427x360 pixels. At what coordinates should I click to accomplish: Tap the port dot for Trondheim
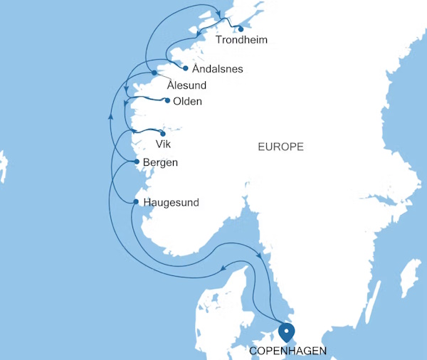point(241,29)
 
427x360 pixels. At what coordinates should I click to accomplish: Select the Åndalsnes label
point(218,70)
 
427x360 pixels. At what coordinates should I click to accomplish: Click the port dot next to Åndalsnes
point(186,69)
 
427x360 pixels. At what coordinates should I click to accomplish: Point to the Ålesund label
point(186,85)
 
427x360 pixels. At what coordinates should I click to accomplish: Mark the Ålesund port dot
point(154,73)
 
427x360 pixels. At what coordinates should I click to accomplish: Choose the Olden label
point(189,102)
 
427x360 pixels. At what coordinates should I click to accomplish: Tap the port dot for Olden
point(167,100)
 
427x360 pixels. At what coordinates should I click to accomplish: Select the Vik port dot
point(163,133)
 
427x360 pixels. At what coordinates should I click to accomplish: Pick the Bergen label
point(160,162)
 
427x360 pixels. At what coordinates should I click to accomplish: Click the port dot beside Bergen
point(137,162)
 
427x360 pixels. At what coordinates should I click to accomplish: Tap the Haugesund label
point(171,203)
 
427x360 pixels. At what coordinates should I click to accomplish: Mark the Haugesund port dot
point(136,202)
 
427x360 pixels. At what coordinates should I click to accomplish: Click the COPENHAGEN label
point(288,351)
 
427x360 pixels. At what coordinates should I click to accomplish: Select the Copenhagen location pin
point(287,332)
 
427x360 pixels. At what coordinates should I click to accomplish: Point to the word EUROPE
point(280,147)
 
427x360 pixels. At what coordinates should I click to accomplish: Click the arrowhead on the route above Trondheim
point(218,10)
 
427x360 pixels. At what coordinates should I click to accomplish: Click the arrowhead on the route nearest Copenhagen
point(260,255)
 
